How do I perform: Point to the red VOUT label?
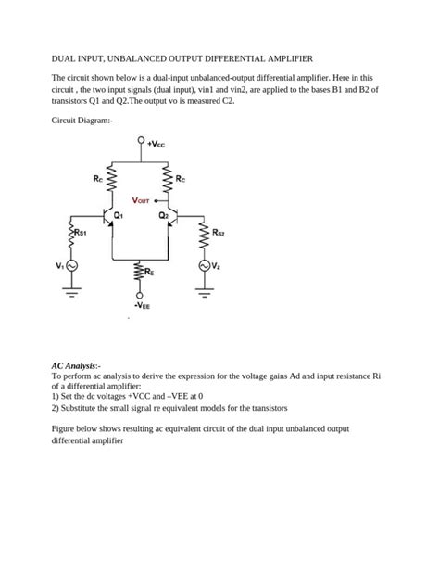[x=145, y=199]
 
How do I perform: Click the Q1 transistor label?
[x=119, y=214]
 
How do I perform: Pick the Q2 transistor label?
[x=163, y=214]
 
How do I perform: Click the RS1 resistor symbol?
[x=70, y=233]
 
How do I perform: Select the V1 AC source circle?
[x=70, y=266]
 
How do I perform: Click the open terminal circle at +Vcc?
[x=141, y=143]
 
